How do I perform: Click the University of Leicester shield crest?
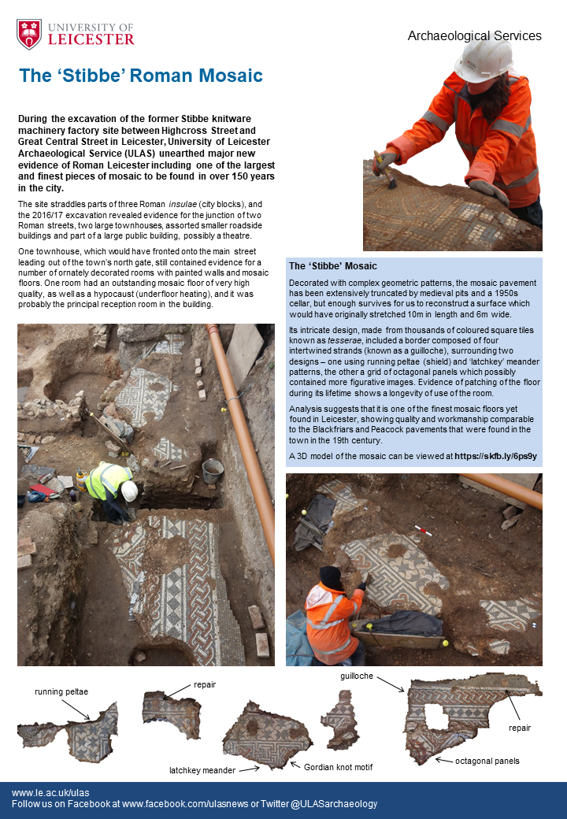coord(29,34)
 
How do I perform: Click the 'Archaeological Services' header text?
coord(474,35)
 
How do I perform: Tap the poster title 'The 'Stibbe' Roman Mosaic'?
coord(141,76)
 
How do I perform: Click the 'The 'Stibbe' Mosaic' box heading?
coord(333,266)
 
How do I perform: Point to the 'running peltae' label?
coord(61,691)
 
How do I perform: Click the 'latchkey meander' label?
coord(202,769)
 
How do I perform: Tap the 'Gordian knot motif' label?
coord(332,767)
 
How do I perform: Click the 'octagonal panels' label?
coord(487,762)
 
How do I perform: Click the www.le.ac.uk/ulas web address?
coord(50,792)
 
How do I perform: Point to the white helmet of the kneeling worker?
coord(129,491)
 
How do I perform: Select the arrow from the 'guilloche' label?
coord(390,684)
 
